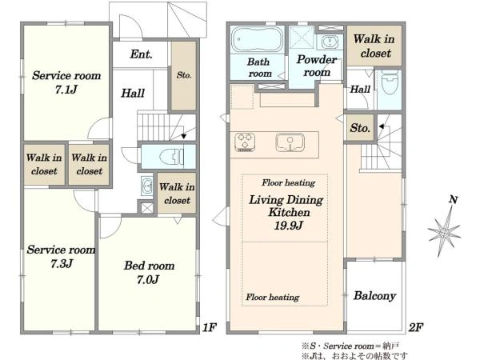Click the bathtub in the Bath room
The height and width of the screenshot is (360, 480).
click(x=257, y=40)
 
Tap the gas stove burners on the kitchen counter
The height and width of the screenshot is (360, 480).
click(x=245, y=142)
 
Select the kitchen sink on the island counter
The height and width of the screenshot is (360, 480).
click(x=290, y=142)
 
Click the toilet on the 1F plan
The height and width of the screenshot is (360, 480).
click(x=171, y=157)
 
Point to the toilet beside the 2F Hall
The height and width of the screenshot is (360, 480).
click(x=390, y=82)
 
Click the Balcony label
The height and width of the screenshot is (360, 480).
click(x=374, y=296)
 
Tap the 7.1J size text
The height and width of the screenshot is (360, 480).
click(x=66, y=90)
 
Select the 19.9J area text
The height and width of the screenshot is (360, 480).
click(x=288, y=226)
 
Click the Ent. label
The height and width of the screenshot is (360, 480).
click(x=141, y=54)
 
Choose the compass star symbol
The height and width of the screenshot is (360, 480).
click(x=443, y=232)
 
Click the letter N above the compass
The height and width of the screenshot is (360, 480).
click(x=454, y=200)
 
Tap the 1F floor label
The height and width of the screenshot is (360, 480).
click(x=210, y=327)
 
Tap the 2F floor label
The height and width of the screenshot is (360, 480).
click(x=416, y=327)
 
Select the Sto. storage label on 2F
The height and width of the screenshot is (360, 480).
click(x=360, y=128)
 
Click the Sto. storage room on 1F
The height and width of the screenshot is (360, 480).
click(x=184, y=76)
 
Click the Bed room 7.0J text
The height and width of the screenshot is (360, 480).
click(x=149, y=273)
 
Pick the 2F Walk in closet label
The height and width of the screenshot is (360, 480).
click(x=374, y=46)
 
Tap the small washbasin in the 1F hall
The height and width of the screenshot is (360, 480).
click(x=147, y=186)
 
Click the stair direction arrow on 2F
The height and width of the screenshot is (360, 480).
click(x=382, y=126)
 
